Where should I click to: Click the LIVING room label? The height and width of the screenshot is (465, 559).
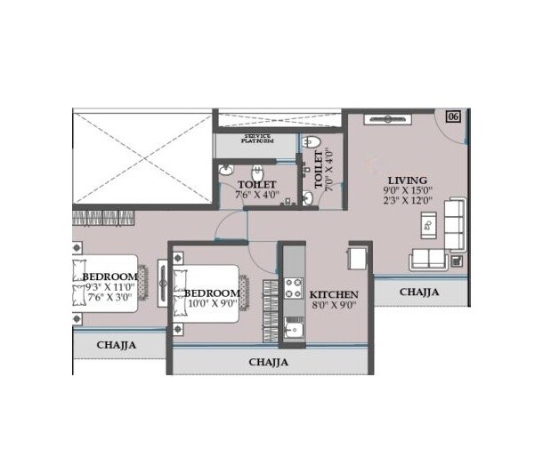[408, 180]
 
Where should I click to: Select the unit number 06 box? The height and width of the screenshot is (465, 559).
[453, 117]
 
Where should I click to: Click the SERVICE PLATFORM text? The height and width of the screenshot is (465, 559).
[258, 140]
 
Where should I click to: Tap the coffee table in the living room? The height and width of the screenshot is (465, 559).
[427, 226]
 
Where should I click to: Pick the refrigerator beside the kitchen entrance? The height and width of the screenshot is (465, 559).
[358, 257]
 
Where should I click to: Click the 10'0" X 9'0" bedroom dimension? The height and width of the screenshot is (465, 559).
[212, 305]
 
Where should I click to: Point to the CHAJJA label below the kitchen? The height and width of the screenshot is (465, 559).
[268, 363]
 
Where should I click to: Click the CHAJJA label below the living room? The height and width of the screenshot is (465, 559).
[418, 292]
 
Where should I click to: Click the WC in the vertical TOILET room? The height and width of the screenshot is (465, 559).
[308, 142]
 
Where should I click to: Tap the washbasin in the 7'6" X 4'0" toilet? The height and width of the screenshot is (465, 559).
[226, 170]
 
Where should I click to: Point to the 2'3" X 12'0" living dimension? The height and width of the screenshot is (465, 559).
[407, 200]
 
